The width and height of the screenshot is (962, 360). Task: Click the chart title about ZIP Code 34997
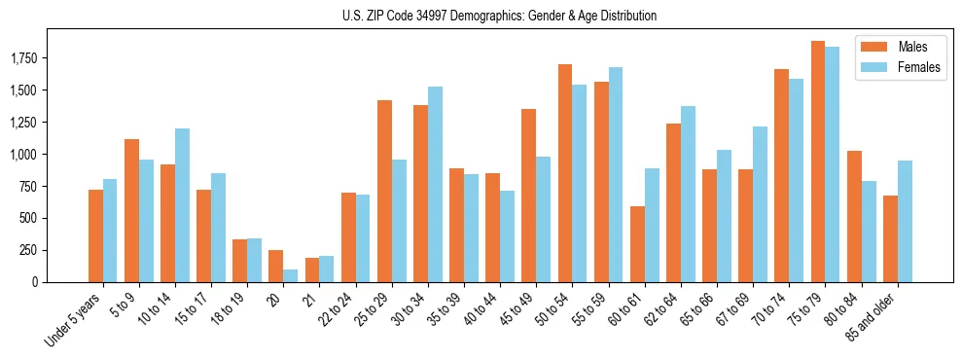pyautogui.click(x=499, y=16)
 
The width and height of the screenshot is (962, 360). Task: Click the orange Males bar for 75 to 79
pyautogui.click(x=818, y=162)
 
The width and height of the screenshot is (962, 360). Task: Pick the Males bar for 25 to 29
pyautogui.click(x=384, y=191)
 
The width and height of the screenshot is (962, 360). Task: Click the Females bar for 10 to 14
pyautogui.click(x=182, y=205)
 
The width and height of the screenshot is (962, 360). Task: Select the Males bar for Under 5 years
pyautogui.click(x=95, y=235)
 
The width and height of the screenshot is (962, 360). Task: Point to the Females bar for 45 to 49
pyautogui.click(x=543, y=219)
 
